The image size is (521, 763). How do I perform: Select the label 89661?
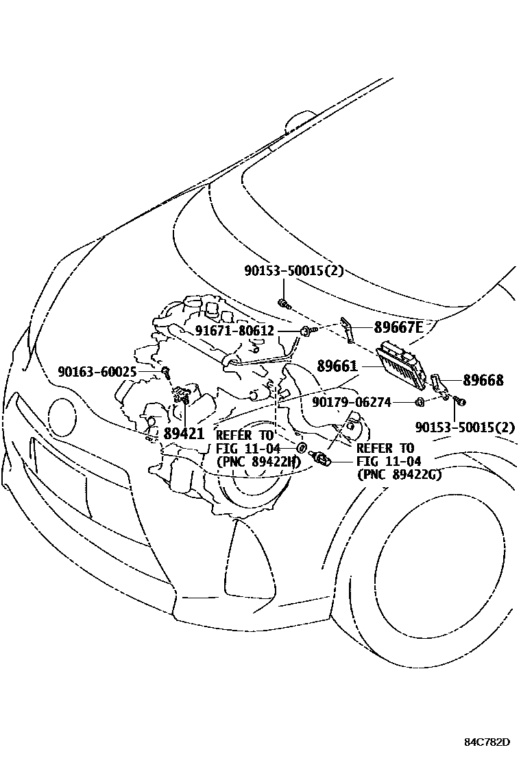(337, 367)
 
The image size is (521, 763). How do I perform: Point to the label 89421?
(184, 433)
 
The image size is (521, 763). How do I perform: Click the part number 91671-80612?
(234, 331)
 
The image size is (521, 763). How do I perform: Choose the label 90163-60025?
(97, 371)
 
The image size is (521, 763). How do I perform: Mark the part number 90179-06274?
(352, 402)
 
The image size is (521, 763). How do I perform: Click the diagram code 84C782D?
(487, 742)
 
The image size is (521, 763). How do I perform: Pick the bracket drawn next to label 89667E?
(348, 329)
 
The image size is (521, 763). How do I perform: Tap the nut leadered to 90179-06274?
(419, 401)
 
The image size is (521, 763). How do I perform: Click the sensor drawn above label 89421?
(182, 395)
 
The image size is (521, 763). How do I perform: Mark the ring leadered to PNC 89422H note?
(301, 448)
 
